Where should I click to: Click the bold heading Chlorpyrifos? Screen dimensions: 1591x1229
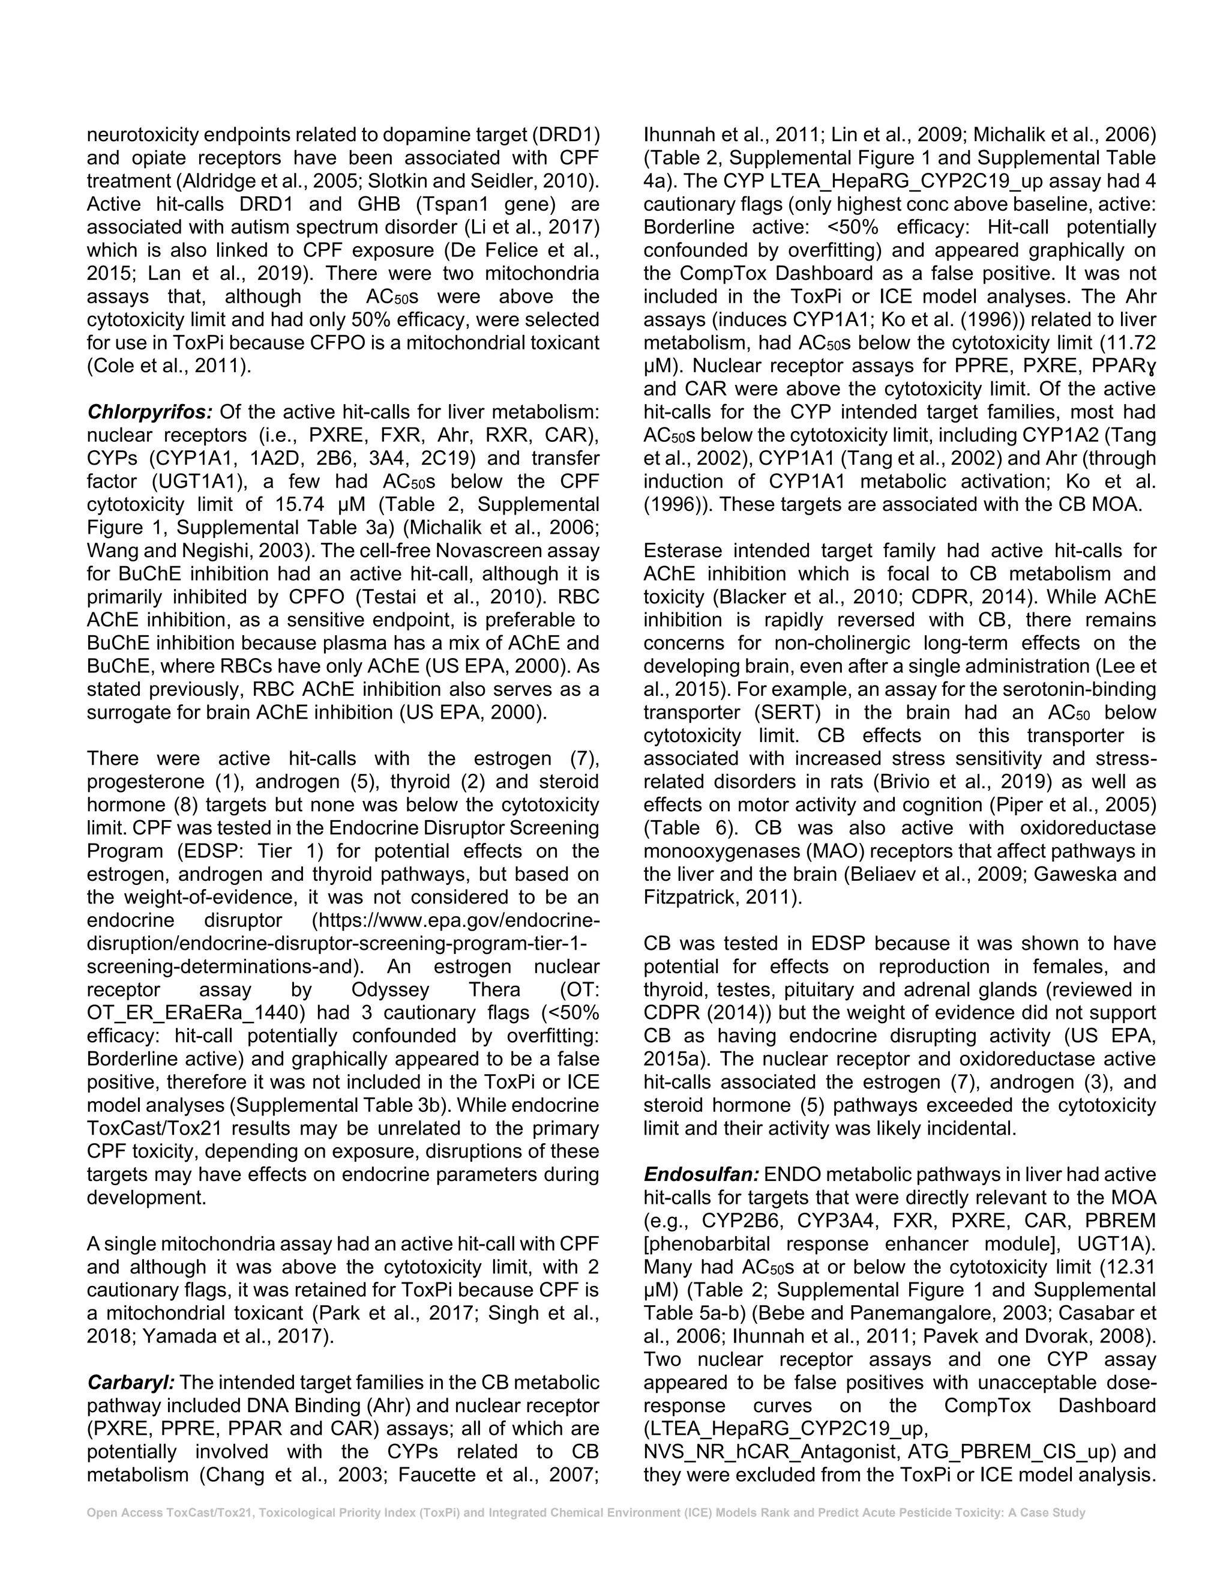coord(149,412)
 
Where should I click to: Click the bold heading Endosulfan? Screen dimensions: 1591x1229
coord(701,1175)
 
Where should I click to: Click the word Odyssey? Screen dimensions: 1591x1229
coord(390,990)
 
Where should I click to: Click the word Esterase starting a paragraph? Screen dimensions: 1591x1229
coord(682,551)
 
